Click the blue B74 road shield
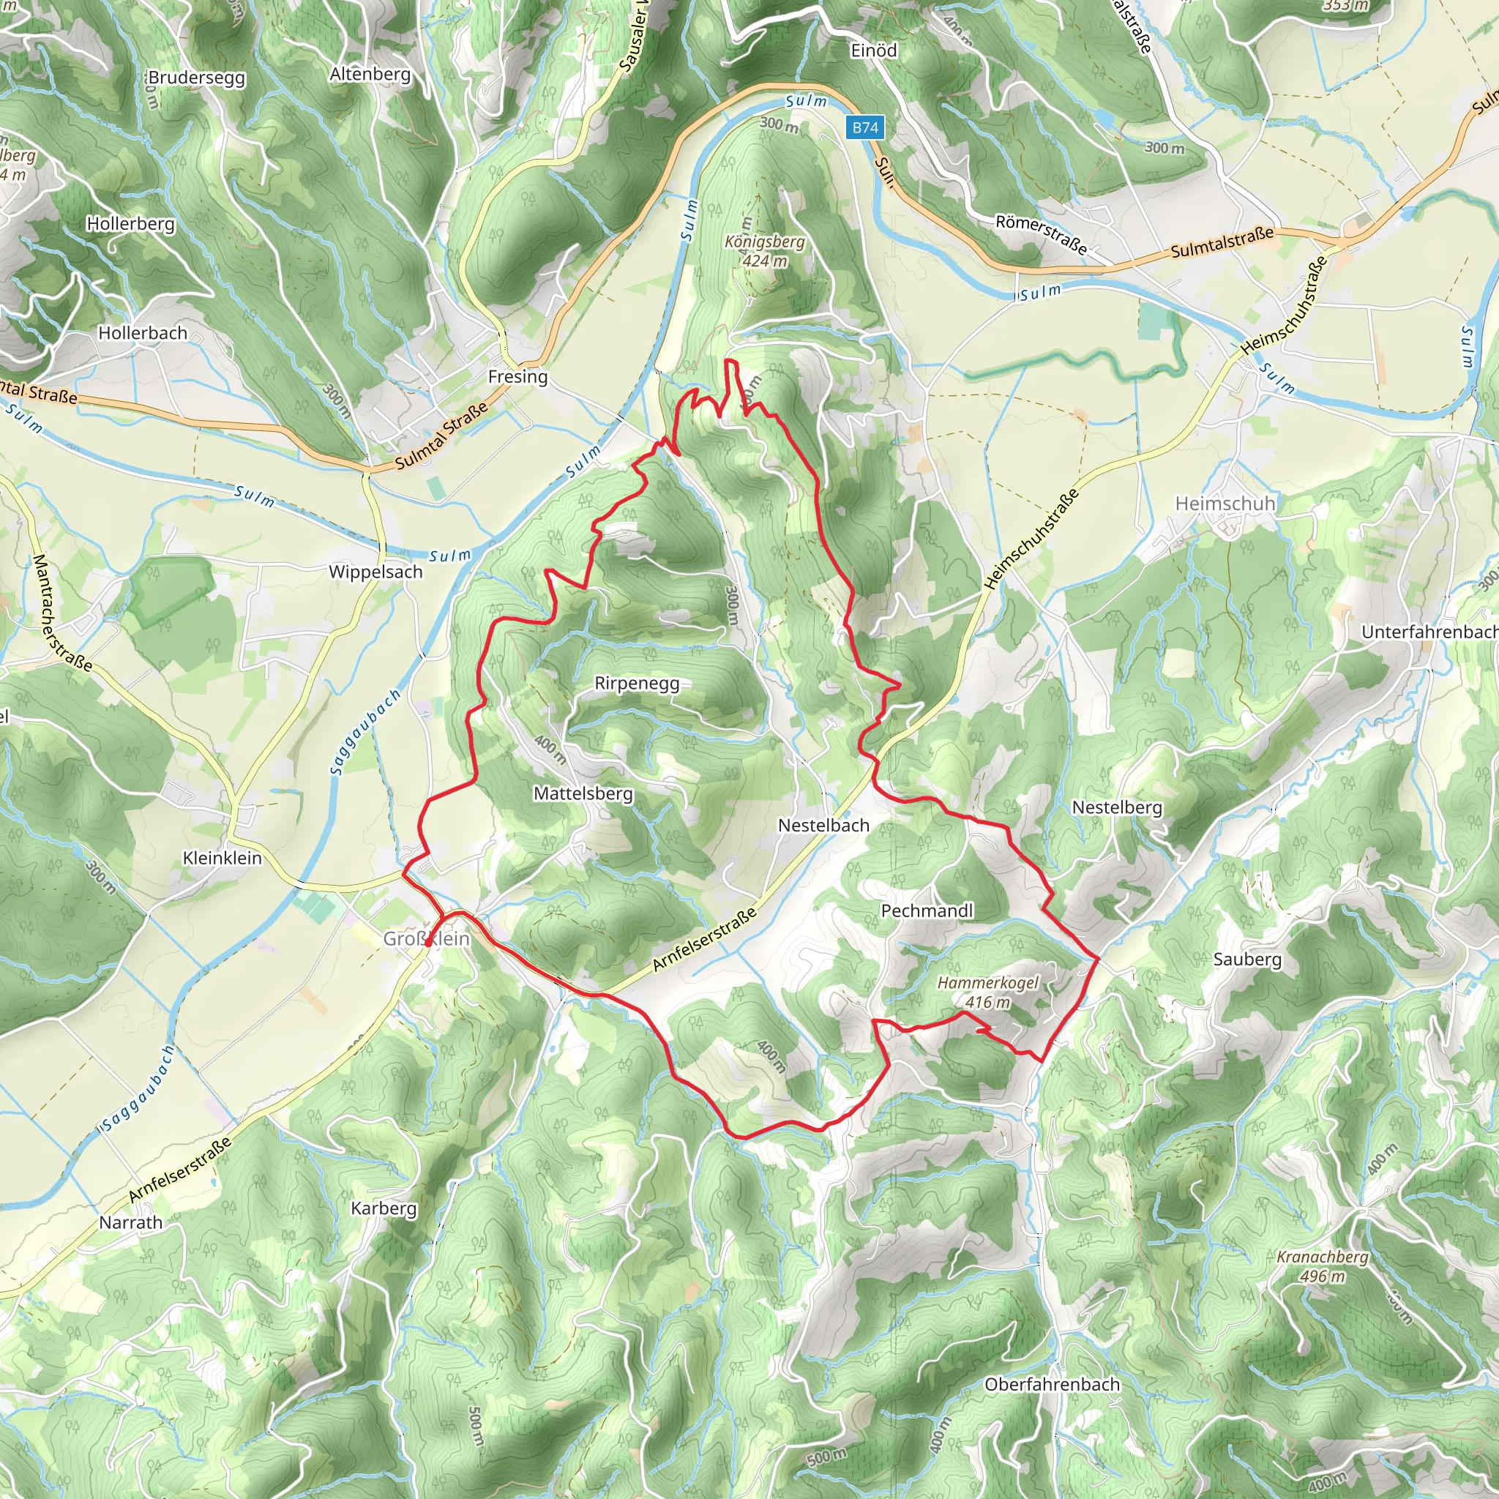pyautogui.click(x=865, y=128)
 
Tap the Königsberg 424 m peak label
pyautogui.click(x=765, y=251)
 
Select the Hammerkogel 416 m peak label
pyautogui.click(x=987, y=993)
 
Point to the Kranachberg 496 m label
pyautogui.click(x=1323, y=1266)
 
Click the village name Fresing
pyautogui.click(x=517, y=377)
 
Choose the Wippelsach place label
pyautogui.click(x=375, y=572)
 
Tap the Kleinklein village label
pyautogui.click(x=222, y=858)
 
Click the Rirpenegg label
pyautogui.click(x=637, y=684)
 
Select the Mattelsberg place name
pyautogui.click(x=583, y=793)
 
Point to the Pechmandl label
pyautogui.click(x=927, y=911)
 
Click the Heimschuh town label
pyautogui.click(x=1225, y=504)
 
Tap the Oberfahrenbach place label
pyautogui.click(x=1052, y=1384)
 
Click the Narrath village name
pyautogui.click(x=130, y=1223)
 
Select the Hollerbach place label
pyautogui.click(x=143, y=334)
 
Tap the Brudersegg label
pyautogui.click(x=196, y=78)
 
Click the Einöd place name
pyautogui.click(x=874, y=51)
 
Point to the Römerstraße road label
pyautogui.click(x=1042, y=233)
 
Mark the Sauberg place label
pyautogui.click(x=1246, y=960)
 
